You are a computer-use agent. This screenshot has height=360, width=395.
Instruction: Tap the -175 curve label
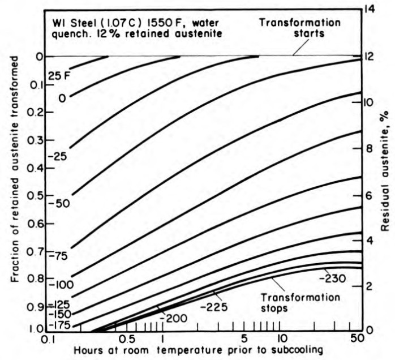coord(58,325)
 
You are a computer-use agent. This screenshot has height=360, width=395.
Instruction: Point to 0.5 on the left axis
coord(36,196)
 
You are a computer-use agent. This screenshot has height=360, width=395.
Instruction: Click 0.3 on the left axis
coord(36,140)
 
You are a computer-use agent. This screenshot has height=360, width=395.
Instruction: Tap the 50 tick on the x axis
coord(357,338)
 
